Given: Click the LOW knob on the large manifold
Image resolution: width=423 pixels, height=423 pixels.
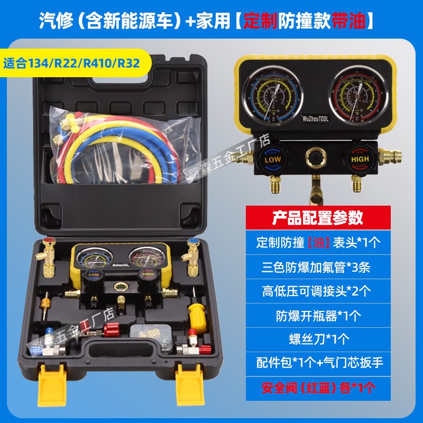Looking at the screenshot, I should pyautogui.click(x=272, y=158).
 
